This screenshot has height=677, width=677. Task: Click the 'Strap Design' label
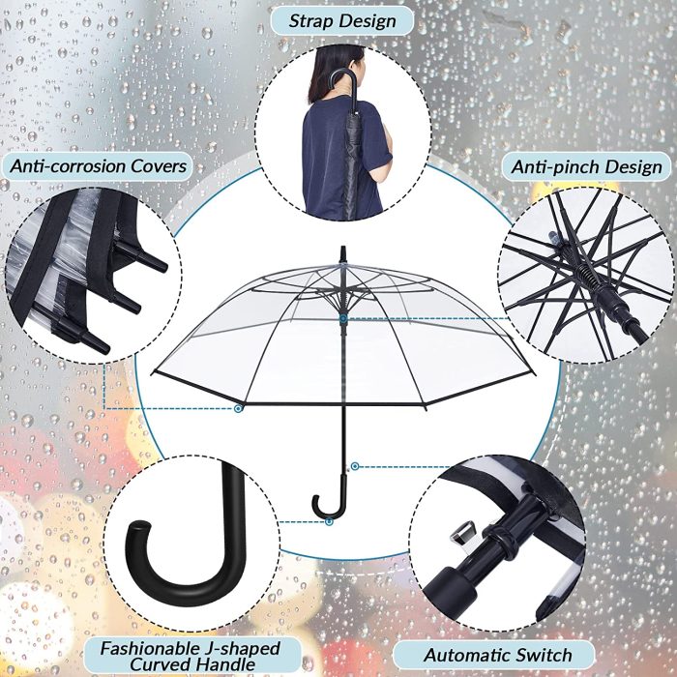(342, 20)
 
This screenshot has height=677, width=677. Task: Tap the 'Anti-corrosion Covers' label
(98, 165)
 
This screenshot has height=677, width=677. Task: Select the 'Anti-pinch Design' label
(586, 166)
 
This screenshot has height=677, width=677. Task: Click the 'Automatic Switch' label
(498, 655)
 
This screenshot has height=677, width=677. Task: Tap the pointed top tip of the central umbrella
(343, 248)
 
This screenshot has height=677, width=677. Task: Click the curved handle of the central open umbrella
(327, 500)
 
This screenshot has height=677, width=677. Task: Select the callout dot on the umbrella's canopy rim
(238, 408)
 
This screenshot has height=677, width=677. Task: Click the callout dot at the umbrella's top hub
(343, 319)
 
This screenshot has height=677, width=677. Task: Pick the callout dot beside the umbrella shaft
(355, 466)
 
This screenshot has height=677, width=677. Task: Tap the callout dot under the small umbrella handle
(329, 522)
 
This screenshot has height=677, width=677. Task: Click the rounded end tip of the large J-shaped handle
(139, 528)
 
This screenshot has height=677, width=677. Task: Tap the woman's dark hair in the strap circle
(333, 72)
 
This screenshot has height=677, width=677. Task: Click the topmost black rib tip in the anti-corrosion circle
(156, 262)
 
